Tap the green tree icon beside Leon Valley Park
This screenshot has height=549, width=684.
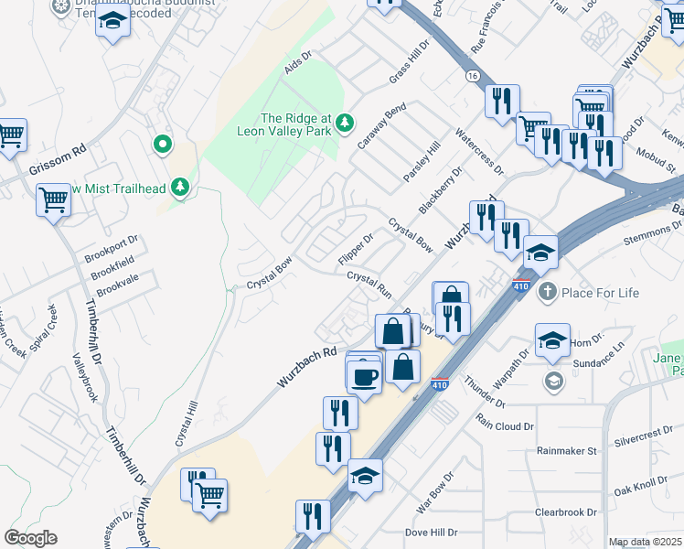pyautogui.click(x=345, y=122)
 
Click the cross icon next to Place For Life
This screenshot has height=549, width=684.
pyautogui.click(x=548, y=292)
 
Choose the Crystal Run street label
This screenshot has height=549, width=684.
pyautogui.click(x=369, y=284)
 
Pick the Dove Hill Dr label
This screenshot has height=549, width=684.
pyautogui.click(x=431, y=532)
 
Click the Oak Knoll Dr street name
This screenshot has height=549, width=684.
pyautogui.click(x=641, y=485)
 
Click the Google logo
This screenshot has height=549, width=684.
pyautogui.click(x=31, y=538)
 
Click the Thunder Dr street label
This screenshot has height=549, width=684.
pyautogui.click(x=485, y=393)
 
